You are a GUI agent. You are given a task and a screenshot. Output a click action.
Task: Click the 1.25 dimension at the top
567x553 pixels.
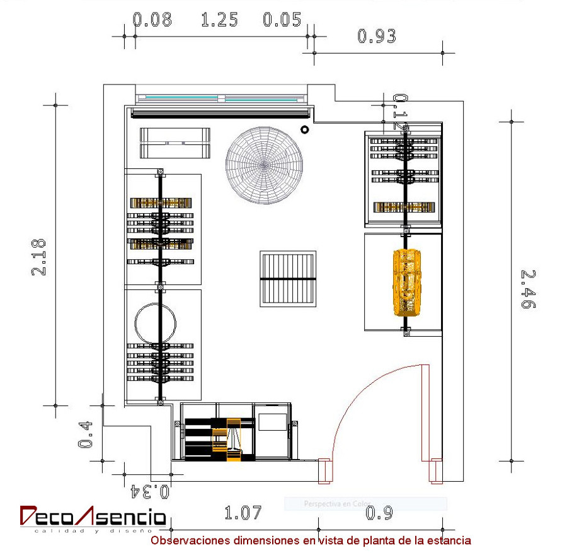(219, 20)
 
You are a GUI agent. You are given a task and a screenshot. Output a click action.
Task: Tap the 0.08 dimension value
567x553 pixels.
(152, 20)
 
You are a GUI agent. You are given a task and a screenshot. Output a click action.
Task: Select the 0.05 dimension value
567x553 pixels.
(282, 20)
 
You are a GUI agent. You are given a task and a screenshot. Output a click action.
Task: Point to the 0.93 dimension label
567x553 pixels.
(377, 37)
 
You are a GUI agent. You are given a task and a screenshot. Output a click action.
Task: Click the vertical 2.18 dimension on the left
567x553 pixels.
(39, 257)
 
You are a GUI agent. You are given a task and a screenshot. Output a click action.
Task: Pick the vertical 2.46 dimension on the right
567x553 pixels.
(528, 289)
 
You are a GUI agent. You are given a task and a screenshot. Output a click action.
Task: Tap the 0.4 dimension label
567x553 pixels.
(86, 435)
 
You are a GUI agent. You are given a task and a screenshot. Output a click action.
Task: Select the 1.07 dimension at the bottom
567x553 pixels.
(243, 513)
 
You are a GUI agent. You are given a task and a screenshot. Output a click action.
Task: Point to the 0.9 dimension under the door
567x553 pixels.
(379, 513)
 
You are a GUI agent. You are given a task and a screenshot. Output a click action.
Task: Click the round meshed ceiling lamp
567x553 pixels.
(265, 165)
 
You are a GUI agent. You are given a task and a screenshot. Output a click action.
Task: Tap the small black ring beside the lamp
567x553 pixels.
(305, 130)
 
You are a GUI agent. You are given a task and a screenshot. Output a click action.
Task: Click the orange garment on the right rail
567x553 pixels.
(406, 281)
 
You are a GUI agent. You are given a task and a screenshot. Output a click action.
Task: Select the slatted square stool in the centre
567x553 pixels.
(288, 278)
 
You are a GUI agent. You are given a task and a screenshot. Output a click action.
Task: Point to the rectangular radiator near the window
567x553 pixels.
(175, 143)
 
